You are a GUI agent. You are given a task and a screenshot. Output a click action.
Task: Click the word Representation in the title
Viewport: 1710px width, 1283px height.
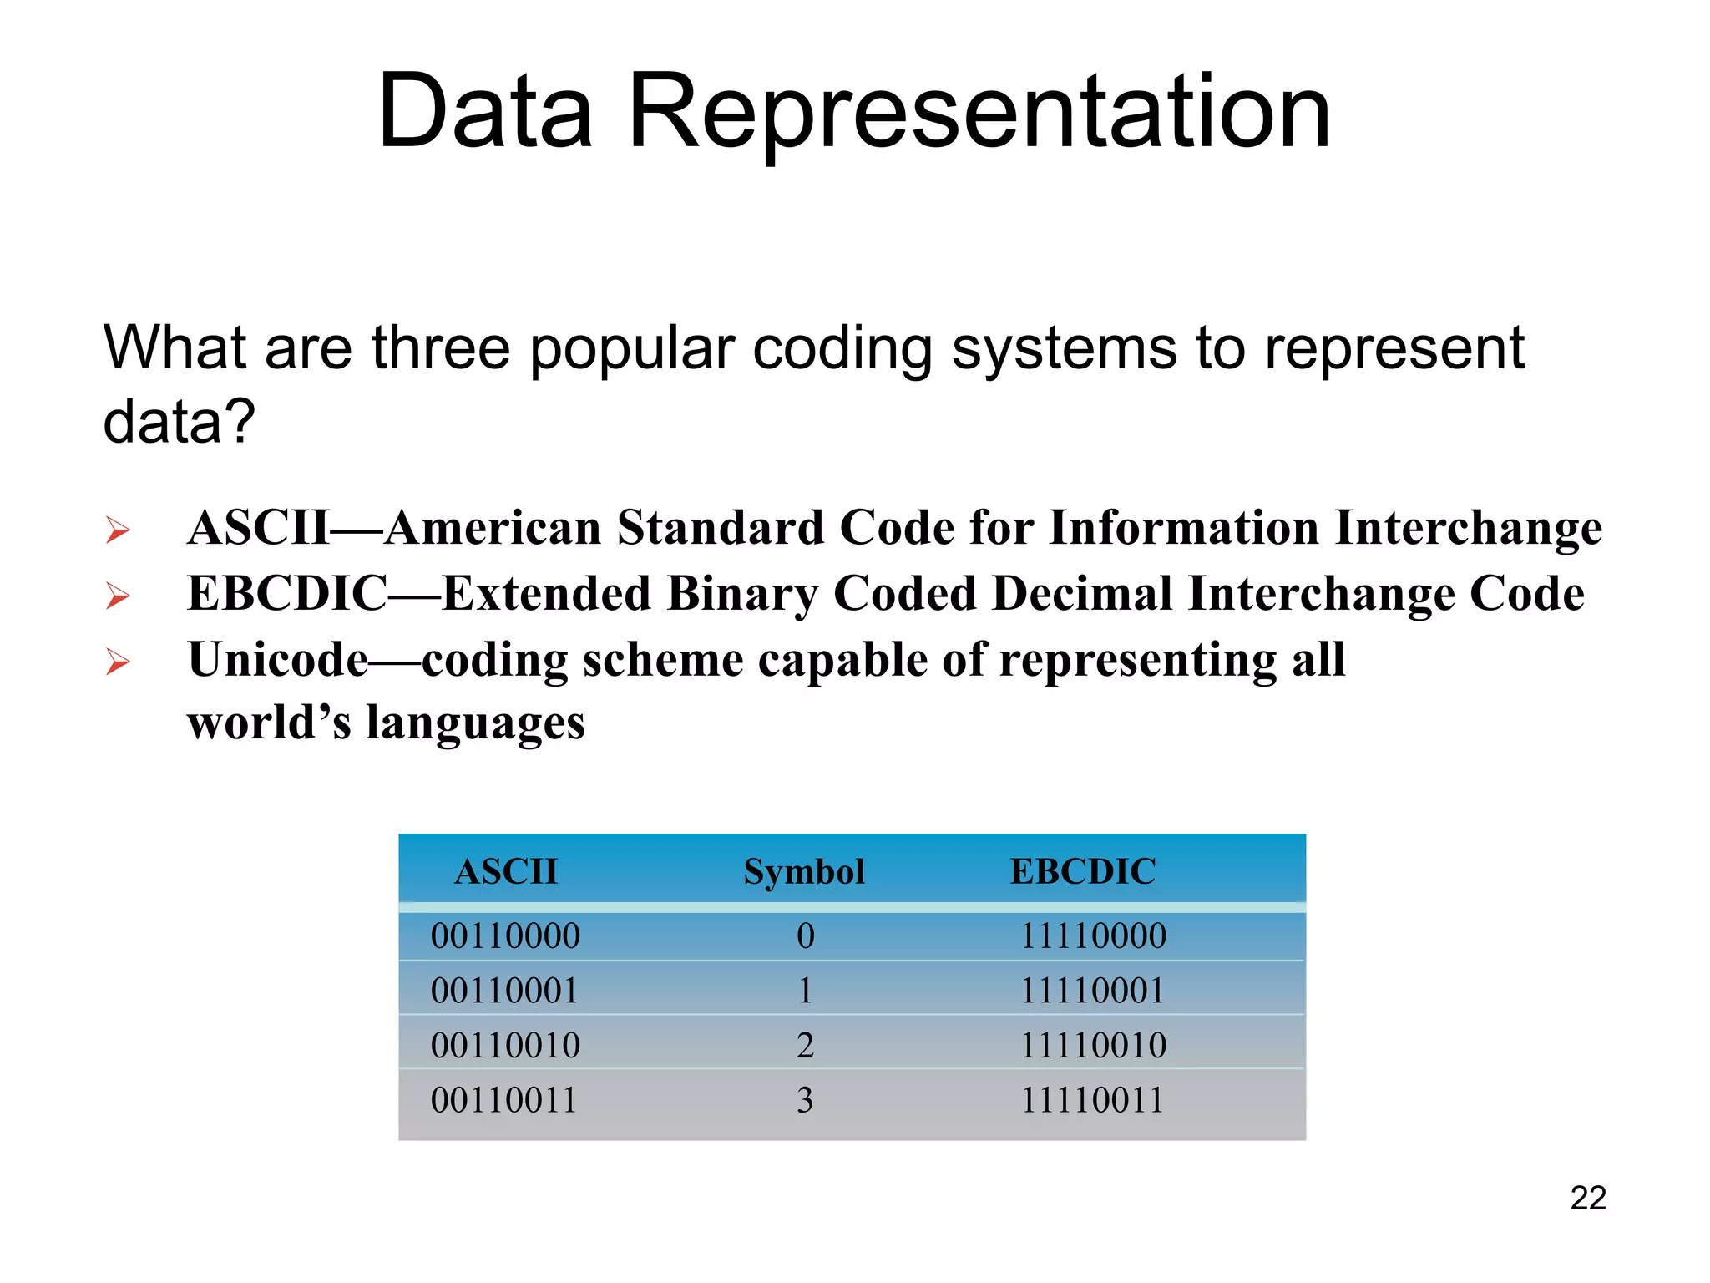coord(979,113)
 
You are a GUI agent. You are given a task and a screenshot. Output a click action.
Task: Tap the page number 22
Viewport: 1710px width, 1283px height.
coord(1587,1198)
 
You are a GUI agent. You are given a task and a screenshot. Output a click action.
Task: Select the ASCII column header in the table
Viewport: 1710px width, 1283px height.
coord(506,871)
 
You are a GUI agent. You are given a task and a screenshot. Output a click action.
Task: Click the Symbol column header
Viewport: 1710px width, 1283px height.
coord(803,871)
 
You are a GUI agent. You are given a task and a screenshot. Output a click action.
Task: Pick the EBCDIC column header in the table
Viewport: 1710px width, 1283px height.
coord(1083,871)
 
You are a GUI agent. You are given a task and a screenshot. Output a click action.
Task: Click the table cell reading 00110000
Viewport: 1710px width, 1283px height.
coord(505,936)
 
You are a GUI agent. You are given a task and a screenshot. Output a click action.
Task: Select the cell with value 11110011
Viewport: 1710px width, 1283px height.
coord(1092,1100)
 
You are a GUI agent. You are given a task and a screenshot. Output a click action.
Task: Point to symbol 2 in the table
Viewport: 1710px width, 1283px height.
coord(805,1045)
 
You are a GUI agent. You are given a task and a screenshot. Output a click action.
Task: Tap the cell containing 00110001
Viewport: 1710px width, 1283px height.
coord(504,991)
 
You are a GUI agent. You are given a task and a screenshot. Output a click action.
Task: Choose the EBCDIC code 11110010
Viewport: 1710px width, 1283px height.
coord(1093,1045)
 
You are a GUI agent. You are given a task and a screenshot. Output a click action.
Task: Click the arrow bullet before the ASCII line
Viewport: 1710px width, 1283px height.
coord(118,530)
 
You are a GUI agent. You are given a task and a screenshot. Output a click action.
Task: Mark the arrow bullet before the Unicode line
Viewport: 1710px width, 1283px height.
coord(118,662)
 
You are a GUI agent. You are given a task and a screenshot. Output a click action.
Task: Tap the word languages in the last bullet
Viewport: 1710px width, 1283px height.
coord(475,723)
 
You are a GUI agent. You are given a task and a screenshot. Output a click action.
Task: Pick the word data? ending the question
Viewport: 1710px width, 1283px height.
coord(179,421)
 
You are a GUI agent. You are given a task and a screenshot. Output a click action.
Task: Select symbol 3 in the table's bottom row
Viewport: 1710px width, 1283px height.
coord(805,1100)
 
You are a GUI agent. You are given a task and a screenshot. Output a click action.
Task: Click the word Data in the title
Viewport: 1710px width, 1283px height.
coord(485,113)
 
